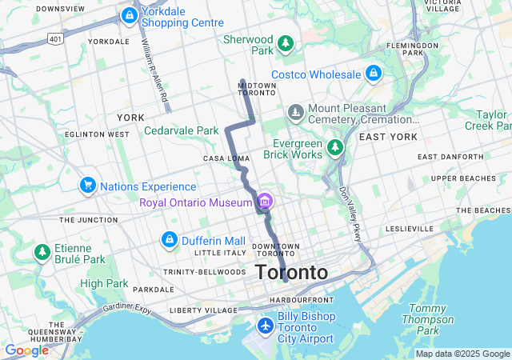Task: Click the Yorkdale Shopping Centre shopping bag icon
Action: click(129, 15)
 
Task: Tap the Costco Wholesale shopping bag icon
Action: click(372, 74)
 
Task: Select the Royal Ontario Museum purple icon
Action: click(264, 202)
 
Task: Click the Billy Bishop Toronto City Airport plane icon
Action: click(266, 326)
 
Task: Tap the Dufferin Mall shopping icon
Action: click(170, 240)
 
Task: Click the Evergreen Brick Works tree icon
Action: click(335, 148)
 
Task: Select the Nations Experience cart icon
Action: click(87, 186)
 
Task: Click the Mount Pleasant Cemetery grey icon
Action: click(295, 110)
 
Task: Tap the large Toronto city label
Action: click(291, 273)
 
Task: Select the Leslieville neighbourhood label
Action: click(408, 228)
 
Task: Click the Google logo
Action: click(26, 350)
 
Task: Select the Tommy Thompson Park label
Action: click(428, 319)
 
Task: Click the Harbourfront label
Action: click(294, 300)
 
